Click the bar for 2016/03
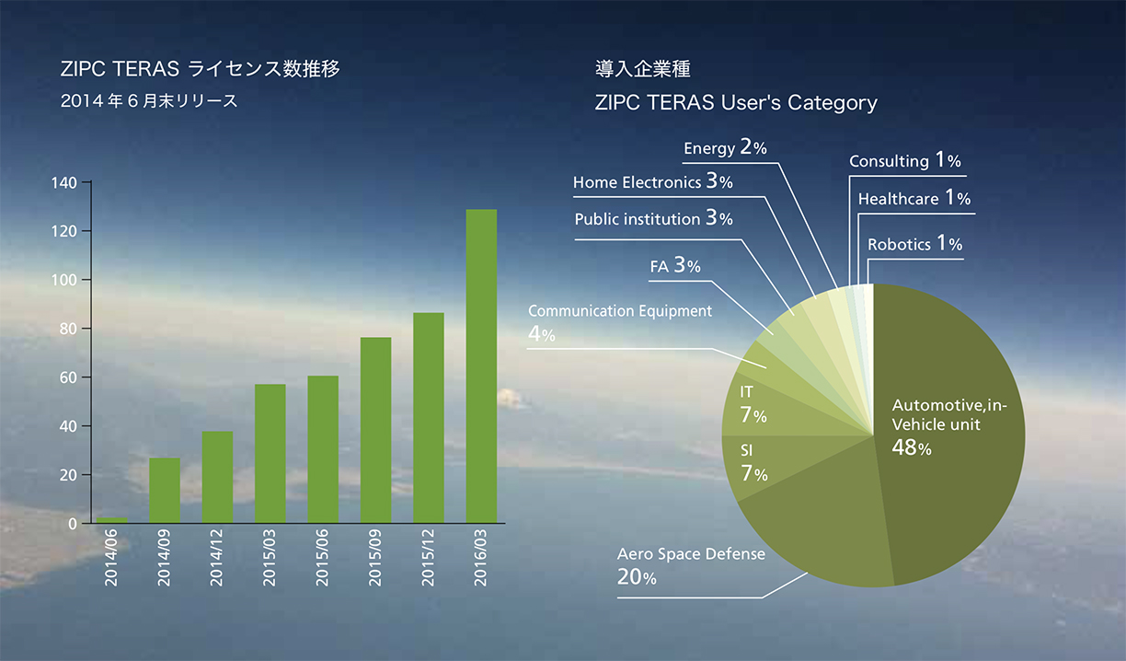[x=481, y=366]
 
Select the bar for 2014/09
[x=165, y=490]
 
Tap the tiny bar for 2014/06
[x=111, y=520]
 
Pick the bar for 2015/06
[x=323, y=449]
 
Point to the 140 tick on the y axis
[x=66, y=182]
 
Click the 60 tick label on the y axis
[x=66, y=377]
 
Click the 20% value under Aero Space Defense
[x=637, y=578]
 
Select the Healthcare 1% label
[x=913, y=198]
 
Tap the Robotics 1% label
[x=914, y=244]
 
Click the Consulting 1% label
[x=904, y=161]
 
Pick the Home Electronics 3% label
[x=652, y=182]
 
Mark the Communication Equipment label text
[x=620, y=311]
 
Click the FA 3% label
[x=675, y=266]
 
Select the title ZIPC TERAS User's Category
[x=736, y=102]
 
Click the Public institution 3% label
[x=653, y=219]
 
